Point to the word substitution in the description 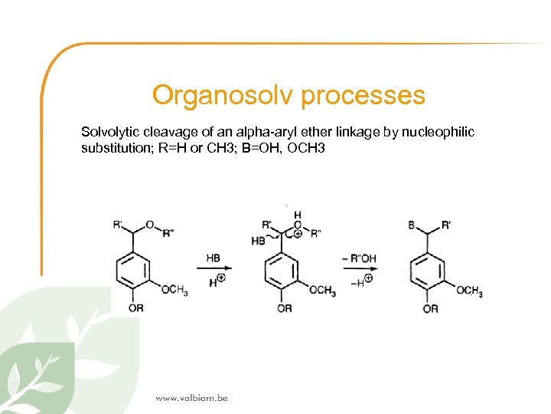[x=113, y=147]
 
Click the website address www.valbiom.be [x=191, y=398]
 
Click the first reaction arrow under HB [x=215, y=268]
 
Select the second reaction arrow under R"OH [x=358, y=268]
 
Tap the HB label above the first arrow [x=214, y=258]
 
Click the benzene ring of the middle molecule [x=283, y=271]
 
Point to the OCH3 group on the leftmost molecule [x=174, y=290]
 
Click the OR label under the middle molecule [x=283, y=308]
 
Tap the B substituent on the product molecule [x=412, y=225]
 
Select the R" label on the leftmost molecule [x=168, y=233]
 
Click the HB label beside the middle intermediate [x=258, y=241]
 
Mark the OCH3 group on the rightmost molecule [x=469, y=291]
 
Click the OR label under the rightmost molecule [x=430, y=308]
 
